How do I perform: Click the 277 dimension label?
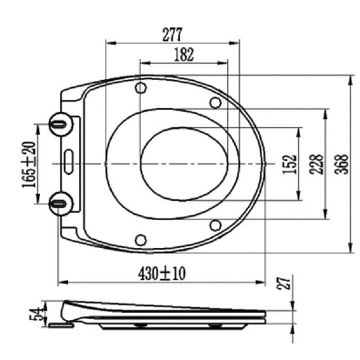click(x=172, y=35)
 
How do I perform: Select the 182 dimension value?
click(x=184, y=54)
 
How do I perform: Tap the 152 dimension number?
click(x=290, y=164)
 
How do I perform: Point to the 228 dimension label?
click(x=317, y=164)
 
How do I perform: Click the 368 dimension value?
click(x=342, y=164)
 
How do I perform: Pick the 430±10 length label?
click(x=162, y=274)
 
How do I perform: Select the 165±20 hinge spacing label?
click(x=29, y=164)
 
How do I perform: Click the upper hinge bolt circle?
click(x=61, y=124)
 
